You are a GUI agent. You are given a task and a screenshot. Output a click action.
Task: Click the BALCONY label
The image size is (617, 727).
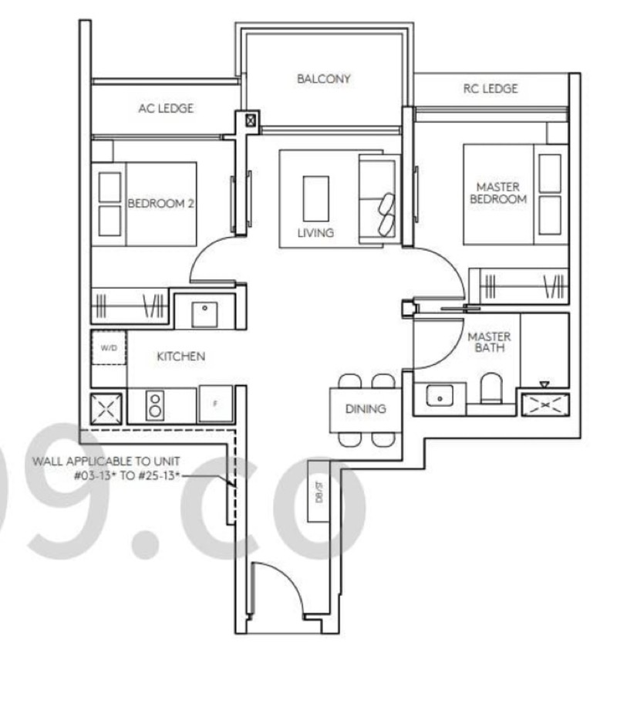pyautogui.click(x=323, y=79)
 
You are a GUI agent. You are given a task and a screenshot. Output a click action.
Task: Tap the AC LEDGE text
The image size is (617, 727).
pyautogui.click(x=166, y=109)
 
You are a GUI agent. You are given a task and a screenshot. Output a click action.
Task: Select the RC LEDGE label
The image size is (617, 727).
pyautogui.click(x=491, y=89)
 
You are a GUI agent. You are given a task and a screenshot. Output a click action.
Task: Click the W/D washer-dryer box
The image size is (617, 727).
pyautogui.click(x=109, y=347)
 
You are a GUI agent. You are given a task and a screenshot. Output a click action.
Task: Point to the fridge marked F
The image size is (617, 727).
pyautogui.click(x=215, y=404)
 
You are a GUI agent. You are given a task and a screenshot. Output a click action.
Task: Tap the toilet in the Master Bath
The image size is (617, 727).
pyautogui.click(x=491, y=388)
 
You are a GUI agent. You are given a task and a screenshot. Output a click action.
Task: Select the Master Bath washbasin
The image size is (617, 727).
pyautogui.click(x=440, y=396)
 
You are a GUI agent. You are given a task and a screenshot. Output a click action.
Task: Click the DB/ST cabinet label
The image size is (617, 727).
pyautogui.click(x=319, y=492)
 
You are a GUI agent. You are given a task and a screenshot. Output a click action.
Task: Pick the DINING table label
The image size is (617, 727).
pyautogui.click(x=366, y=409)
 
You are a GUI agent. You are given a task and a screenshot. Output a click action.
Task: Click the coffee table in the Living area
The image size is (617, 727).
pyautogui.click(x=316, y=198)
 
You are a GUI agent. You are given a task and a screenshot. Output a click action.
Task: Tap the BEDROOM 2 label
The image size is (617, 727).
pyautogui.click(x=160, y=204)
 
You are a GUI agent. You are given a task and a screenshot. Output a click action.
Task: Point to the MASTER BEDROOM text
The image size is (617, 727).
pyautogui.click(x=498, y=193)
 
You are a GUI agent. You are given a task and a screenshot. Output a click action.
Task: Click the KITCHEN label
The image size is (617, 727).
pyautogui.click(x=180, y=357)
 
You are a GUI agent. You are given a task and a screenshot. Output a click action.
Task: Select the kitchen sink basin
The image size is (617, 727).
pyautogui.click(x=204, y=314)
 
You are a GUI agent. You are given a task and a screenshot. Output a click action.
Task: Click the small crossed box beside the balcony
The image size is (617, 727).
pyautogui.click(x=251, y=120)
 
